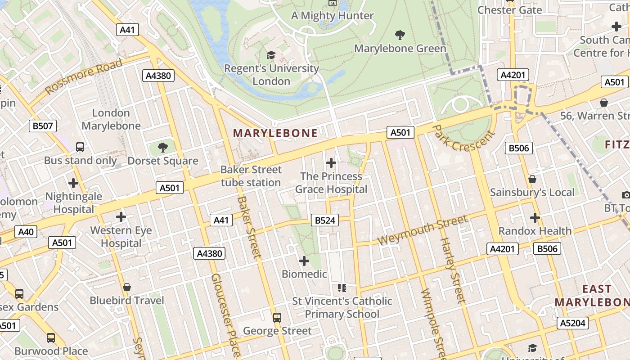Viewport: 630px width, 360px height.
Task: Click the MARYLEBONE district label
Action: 275,133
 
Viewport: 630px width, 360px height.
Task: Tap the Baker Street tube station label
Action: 251,176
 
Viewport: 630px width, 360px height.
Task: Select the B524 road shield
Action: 324,220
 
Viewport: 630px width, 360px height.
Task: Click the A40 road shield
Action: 26,232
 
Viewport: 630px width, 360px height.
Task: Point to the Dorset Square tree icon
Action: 162,147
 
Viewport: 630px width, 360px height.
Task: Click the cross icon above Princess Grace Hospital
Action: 331,162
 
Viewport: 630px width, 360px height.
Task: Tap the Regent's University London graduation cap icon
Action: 271,55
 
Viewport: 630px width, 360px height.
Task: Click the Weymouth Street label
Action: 423,229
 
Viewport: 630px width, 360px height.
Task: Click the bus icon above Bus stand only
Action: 80,147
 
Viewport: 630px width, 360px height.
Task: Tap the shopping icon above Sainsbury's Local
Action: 532,179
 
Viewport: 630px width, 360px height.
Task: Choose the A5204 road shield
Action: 573,323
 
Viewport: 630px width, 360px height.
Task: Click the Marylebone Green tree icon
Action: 400,35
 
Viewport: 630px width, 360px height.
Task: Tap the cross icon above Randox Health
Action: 535,218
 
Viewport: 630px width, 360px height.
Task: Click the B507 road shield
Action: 43,126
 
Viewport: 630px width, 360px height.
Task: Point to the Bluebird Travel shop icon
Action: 127,287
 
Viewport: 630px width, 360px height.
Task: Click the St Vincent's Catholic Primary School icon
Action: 342,288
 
